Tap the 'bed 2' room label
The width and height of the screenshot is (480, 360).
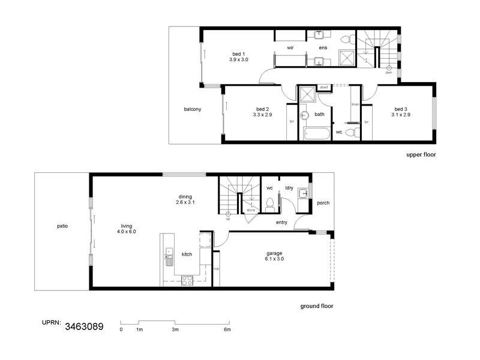pyautogui.click(x=263, y=109)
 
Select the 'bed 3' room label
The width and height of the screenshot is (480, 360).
pyautogui.click(x=401, y=109)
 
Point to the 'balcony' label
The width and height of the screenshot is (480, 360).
pyautogui.click(x=193, y=109)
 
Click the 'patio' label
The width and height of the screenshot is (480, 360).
pyautogui.click(x=62, y=226)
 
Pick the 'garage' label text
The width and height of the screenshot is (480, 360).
pyautogui.click(x=274, y=253)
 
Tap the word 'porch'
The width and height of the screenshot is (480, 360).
pyautogui.click(x=323, y=203)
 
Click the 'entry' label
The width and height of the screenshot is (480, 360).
pyautogui.click(x=281, y=223)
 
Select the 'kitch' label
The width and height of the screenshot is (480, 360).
pyautogui.click(x=187, y=255)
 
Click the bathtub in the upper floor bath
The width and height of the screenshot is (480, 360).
pyautogui.click(x=315, y=134)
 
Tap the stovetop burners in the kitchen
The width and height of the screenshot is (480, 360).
pyautogui.click(x=187, y=279)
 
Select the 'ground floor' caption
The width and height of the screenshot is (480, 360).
pyautogui.click(x=317, y=306)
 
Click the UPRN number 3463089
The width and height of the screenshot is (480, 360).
pyautogui.click(x=83, y=327)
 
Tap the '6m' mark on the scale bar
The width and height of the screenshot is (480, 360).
pyautogui.click(x=227, y=330)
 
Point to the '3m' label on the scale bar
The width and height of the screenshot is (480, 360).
pyautogui.click(x=175, y=330)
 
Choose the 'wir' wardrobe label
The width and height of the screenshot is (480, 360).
pyautogui.click(x=290, y=47)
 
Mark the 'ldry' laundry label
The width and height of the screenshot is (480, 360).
pyautogui.click(x=289, y=188)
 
